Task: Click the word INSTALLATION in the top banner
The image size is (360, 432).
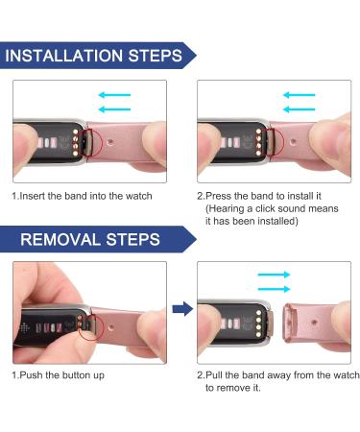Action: coord(64,56)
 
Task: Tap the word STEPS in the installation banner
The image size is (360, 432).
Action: coord(156,56)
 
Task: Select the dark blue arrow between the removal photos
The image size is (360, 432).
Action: coord(182,309)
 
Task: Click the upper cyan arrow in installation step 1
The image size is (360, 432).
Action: coord(114,95)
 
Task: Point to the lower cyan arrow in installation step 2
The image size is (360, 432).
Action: coord(300,109)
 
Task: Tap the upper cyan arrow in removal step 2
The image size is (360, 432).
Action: coord(274,275)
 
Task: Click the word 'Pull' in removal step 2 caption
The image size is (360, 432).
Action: coord(214,375)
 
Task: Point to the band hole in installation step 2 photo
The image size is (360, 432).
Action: coord(293,140)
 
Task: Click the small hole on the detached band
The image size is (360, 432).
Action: coord(314,322)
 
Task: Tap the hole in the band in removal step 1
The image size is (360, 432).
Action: coord(111,327)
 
